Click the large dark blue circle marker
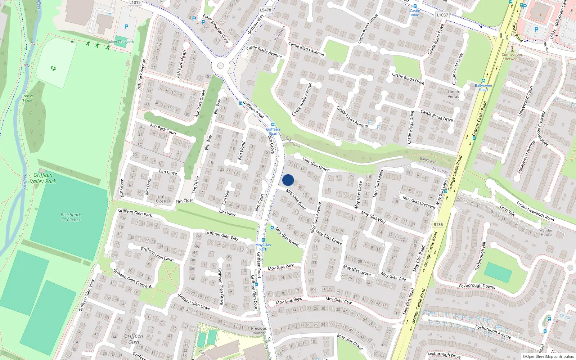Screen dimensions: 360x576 [288, 180]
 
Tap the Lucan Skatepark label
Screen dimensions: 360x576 [121, 42]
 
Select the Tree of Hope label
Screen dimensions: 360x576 [27, 98]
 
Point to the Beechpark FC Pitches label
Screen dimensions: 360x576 [71, 217]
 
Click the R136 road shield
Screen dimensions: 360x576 [438, 224]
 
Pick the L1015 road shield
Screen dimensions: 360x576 [135, 3]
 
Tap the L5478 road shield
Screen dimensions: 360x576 [265, 10]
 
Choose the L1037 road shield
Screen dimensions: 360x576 [442, 15]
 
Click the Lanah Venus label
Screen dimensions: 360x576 [453, 94]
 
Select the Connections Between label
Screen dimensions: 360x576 [512, 57]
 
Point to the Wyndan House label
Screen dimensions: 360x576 [546, 232]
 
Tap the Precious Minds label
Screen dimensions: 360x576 [259, 330]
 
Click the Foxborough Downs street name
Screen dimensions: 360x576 [477, 286]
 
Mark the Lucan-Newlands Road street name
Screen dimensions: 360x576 [535, 211]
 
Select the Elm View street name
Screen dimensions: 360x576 [227, 213]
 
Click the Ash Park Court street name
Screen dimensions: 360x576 [163, 129]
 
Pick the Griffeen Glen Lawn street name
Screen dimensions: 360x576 [157, 254]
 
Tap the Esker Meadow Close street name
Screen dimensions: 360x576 [216, 29]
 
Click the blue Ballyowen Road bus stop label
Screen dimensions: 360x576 [483, 87]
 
